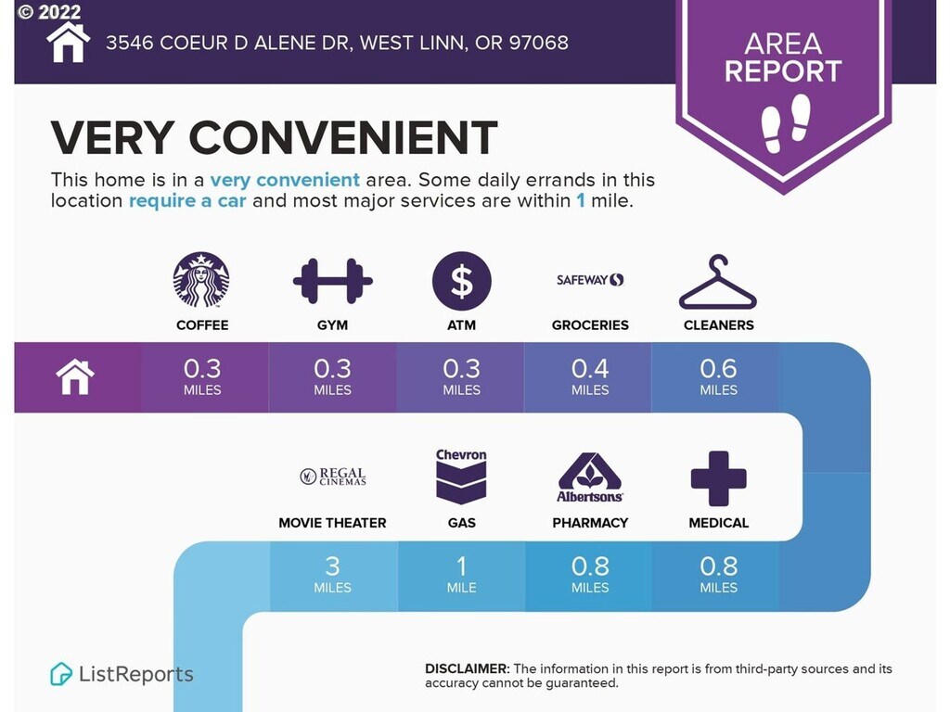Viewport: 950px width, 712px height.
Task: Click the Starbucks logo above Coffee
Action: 201,280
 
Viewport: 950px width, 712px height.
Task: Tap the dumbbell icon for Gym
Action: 333,281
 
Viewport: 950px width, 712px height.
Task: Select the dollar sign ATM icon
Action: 462,281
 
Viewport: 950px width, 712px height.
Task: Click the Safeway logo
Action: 590,280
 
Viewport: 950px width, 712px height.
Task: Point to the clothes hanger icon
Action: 718,283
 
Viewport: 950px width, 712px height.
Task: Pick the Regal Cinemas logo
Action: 333,477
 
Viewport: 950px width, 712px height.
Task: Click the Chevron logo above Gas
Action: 461,477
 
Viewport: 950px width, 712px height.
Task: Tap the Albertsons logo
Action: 590,477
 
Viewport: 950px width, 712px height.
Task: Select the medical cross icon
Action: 719,478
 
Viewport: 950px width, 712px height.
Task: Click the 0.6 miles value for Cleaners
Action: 719,376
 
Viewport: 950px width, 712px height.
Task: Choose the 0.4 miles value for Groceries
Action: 590,376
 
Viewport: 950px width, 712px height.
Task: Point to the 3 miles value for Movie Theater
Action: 333,575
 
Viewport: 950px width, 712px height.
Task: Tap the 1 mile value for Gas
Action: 462,575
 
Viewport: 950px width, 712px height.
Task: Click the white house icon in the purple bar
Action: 75,376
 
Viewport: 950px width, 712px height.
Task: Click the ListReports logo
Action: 122,674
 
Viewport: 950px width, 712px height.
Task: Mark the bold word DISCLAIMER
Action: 468,669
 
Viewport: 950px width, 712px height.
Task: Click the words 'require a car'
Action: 187,200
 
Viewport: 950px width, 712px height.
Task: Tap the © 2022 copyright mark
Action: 49,11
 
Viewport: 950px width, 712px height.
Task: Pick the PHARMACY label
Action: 590,523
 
